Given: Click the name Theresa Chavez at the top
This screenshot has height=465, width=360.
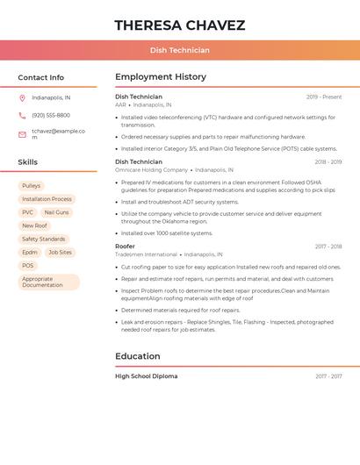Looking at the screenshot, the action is (x=179, y=25).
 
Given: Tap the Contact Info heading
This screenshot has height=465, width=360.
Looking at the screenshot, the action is (x=40, y=77).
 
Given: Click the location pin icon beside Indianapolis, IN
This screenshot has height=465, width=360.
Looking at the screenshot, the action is (x=22, y=97).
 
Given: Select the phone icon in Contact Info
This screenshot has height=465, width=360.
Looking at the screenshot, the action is (x=22, y=115).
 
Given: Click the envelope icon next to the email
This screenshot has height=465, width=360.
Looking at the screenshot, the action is (x=22, y=134).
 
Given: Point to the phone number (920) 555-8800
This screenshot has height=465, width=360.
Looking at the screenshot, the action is (x=51, y=115).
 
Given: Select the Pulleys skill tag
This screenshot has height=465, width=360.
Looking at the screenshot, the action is (x=32, y=186).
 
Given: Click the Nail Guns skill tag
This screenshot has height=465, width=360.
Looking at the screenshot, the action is (x=56, y=212).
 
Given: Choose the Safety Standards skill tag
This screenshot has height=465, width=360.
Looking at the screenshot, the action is (x=43, y=239).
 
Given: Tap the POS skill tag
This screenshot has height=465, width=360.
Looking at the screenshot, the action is (x=28, y=265).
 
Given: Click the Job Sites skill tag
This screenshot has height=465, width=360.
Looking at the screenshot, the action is (x=60, y=252).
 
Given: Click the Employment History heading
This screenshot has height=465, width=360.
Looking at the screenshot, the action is (x=160, y=77).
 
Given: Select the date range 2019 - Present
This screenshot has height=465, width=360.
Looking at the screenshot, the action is (x=324, y=97).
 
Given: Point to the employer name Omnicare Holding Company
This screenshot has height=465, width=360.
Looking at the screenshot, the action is (x=151, y=169).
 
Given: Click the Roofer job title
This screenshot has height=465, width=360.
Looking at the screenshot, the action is (x=125, y=247).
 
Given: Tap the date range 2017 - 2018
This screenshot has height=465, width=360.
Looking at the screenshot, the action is (x=328, y=247).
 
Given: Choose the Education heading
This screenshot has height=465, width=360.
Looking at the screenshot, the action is (x=137, y=356).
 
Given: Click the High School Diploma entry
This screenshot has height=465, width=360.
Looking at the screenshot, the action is (x=146, y=376).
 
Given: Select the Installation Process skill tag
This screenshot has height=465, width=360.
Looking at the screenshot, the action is (x=47, y=199).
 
